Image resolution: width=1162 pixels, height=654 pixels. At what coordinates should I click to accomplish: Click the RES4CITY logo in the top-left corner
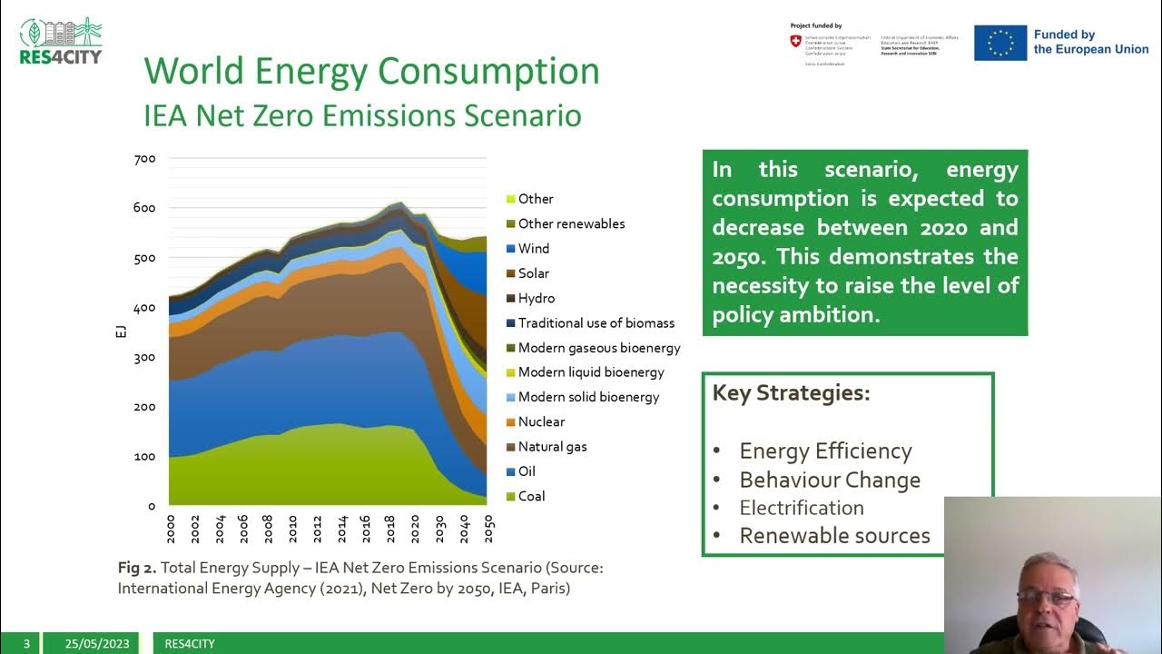(61, 41)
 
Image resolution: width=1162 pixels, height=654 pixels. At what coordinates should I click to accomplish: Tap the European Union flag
(1000, 43)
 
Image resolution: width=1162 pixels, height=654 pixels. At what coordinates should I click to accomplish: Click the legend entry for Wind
(533, 249)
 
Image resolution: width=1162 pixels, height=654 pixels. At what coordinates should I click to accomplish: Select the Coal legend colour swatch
(511, 497)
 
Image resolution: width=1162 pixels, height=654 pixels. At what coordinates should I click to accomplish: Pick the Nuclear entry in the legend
(541, 422)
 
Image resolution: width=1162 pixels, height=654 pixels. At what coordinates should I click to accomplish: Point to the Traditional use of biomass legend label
(596, 323)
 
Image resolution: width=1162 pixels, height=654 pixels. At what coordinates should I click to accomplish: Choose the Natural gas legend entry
(552, 447)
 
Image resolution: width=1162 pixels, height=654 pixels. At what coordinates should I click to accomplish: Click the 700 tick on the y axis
(145, 159)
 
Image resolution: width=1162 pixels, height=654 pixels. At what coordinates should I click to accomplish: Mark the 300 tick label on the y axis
(145, 358)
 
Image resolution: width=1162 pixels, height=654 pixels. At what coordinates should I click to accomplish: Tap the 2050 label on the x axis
(490, 529)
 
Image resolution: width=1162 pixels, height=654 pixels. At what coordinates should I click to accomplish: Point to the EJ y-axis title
(122, 331)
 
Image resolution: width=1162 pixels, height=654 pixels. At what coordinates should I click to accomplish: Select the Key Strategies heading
(791, 393)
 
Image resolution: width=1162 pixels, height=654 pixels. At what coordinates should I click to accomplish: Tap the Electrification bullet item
(801, 509)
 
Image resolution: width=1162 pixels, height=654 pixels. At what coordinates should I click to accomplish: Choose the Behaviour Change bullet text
(830, 480)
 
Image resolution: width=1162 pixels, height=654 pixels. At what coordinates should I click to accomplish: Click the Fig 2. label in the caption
(137, 568)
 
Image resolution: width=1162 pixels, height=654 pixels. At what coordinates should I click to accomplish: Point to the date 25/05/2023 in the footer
(97, 644)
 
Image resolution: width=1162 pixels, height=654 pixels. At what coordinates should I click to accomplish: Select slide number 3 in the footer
(26, 644)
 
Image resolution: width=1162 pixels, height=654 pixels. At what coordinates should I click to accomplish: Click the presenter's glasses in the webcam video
(1047, 597)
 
